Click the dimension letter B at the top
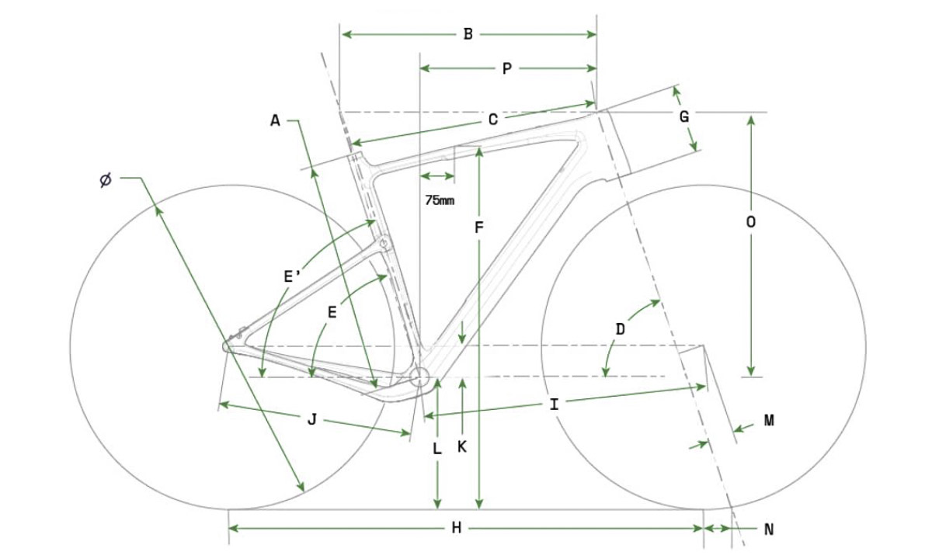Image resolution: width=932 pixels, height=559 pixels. coord(468,34)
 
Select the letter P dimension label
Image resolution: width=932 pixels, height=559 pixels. coord(506,68)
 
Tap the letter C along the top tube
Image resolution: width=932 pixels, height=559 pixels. coord(493,120)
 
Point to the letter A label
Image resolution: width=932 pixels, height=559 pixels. coord(275,121)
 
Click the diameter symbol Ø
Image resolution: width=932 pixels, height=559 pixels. coord(106,180)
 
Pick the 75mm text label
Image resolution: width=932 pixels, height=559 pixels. coord(440,200)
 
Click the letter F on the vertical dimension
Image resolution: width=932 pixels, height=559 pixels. coord(479,227)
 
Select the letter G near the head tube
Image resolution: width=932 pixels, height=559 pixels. coord(684,117)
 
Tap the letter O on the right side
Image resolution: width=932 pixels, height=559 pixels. coord(750,222)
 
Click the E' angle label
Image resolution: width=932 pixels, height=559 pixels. coord(293,276)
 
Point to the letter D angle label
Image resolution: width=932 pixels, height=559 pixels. coord(620,329)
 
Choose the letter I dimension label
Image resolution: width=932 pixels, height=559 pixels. coord(554,404)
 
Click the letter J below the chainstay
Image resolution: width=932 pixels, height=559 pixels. coord(312,419)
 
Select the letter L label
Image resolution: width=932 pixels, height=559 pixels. coord(436,449)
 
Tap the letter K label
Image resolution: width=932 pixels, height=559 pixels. coord(462,446)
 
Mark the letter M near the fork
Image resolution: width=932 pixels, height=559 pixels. coord(770,421)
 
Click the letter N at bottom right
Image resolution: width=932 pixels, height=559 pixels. coord(769,529)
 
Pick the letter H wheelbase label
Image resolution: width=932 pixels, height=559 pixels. coord(457,528)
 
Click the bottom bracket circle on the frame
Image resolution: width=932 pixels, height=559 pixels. coord(419,377)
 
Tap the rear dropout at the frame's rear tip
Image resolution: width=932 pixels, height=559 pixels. coord(227,346)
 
